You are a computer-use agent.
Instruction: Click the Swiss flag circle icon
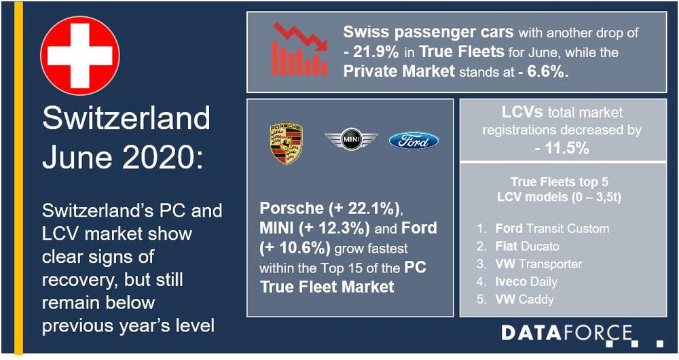pos(80,56)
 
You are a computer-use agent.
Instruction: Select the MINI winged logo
pos(350,141)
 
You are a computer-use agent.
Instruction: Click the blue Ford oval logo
pos(414,141)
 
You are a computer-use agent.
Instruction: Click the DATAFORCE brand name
pos(566,333)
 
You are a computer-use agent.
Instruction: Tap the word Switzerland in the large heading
pos(126,120)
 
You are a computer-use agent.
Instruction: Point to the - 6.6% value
pos(543,70)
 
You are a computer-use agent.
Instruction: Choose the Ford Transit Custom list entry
pos(552,229)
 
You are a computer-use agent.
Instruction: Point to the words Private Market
pos(399,70)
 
